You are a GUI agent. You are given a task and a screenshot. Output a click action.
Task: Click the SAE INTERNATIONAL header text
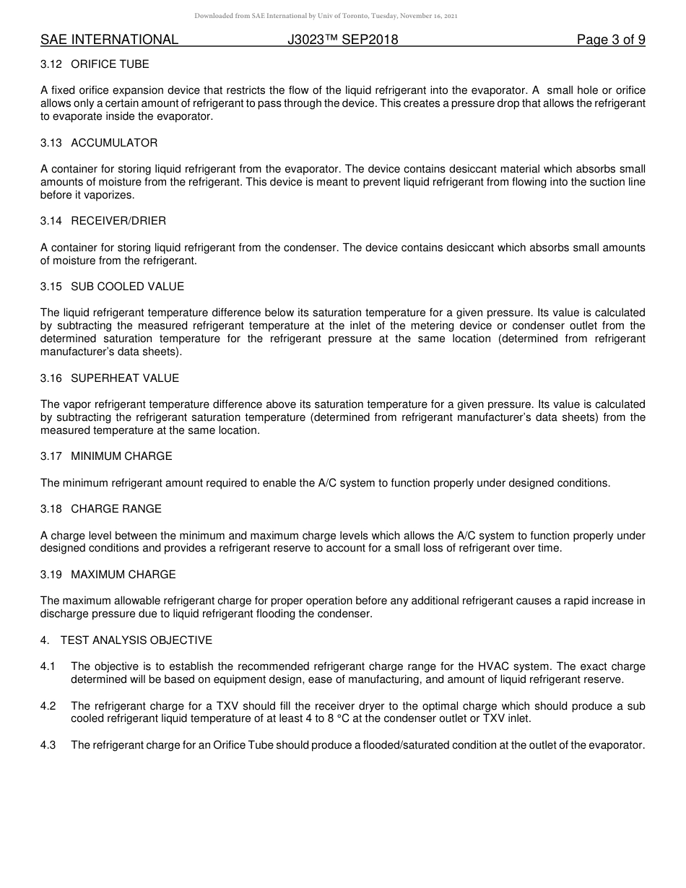(x=109, y=40)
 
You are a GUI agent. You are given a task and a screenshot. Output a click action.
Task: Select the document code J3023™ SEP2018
(x=342, y=40)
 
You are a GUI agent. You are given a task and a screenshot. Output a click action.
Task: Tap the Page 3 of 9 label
(x=611, y=40)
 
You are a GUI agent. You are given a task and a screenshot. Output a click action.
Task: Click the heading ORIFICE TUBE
(x=110, y=64)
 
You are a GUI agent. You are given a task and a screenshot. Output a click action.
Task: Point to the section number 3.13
(x=51, y=143)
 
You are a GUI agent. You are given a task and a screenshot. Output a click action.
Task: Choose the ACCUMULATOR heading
(x=114, y=143)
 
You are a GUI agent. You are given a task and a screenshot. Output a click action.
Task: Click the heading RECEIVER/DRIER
(x=118, y=221)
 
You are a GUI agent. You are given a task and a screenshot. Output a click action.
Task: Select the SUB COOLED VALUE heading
(x=127, y=287)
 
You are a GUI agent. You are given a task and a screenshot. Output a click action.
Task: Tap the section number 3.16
(x=51, y=378)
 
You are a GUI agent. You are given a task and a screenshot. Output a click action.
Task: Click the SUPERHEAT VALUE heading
(x=125, y=378)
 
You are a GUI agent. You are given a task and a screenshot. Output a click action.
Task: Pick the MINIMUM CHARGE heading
(x=121, y=456)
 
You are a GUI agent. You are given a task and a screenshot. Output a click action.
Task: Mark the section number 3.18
(x=51, y=509)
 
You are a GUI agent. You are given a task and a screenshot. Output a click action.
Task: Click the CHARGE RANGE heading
(x=116, y=509)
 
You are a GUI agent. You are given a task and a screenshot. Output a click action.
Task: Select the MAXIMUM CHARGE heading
(x=123, y=575)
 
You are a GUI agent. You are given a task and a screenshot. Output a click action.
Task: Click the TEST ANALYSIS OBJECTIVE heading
(x=136, y=640)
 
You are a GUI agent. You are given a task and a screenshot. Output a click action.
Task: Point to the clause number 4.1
(x=48, y=666)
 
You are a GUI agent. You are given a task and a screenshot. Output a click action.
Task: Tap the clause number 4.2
(x=48, y=706)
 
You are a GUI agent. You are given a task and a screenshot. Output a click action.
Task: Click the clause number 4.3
(x=48, y=745)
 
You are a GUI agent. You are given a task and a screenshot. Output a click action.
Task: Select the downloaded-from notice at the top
(x=326, y=16)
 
